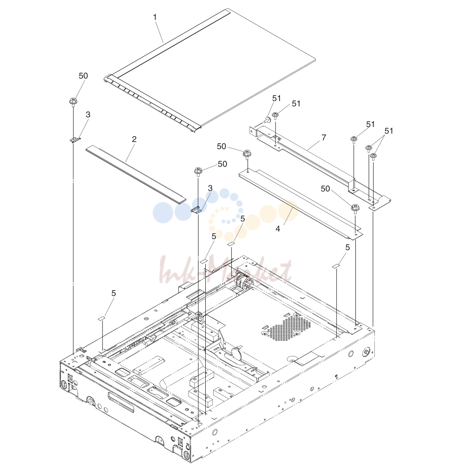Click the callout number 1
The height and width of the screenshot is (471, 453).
pyautogui.click(x=155, y=17)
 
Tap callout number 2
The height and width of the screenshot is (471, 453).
pyautogui.click(x=134, y=139)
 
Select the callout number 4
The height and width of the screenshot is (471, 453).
pyautogui.click(x=278, y=229)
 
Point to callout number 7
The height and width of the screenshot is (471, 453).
pyautogui.click(x=324, y=137)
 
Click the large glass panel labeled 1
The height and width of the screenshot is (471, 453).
pyautogui.click(x=211, y=69)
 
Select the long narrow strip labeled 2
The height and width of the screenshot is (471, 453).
pyautogui.click(x=136, y=175)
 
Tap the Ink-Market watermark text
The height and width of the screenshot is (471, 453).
pyautogui.click(x=226, y=272)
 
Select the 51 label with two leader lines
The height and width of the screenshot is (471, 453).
pyautogui.click(x=389, y=131)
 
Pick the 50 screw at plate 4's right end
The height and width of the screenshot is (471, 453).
pyautogui.click(x=355, y=208)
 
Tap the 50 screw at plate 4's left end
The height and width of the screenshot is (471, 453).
pyautogui.click(x=247, y=154)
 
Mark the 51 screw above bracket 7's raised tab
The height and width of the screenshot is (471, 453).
pyautogui.click(x=354, y=139)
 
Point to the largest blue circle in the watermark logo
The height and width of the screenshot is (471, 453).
pyautogui.click(x=163, y=213)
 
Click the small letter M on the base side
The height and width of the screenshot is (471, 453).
pyautogui.click(x=336, y=376)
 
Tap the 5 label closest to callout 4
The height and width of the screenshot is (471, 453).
pyautogui.click(x=243, y=219)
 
